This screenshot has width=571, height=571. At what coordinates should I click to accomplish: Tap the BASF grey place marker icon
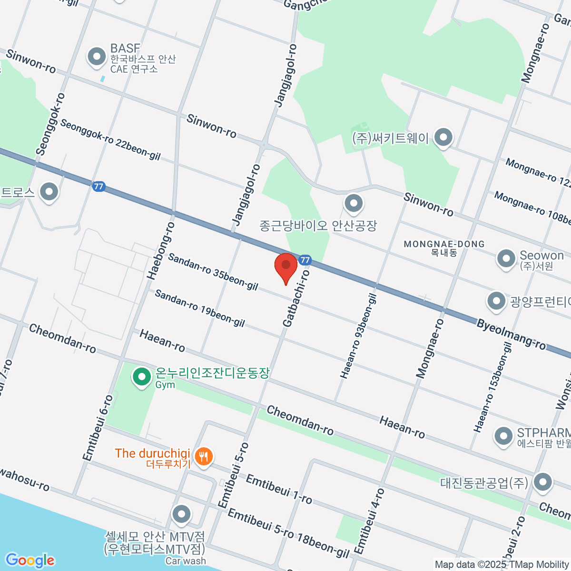(97, 57)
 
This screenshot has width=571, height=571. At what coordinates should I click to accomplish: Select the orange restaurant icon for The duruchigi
(204, 457)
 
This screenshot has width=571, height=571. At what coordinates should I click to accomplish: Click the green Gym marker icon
(141, 377)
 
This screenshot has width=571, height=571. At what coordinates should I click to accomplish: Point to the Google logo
(30, 561)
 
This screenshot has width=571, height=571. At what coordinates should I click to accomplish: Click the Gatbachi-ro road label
(296, 298)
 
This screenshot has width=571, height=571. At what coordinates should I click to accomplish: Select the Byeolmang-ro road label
(511, 335)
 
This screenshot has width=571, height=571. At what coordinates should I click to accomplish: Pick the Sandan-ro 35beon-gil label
(213, 272)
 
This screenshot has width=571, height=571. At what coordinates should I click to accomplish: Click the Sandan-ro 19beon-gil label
(200, 308)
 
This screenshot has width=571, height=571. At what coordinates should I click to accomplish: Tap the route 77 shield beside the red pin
(305, 260)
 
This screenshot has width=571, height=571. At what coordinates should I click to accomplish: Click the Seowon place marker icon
(506, 259)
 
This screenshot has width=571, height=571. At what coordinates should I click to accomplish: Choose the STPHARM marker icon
(503, 436)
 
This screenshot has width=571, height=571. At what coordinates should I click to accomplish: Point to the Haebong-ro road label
(160, 250)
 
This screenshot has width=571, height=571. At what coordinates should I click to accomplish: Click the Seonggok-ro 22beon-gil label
(110, 139)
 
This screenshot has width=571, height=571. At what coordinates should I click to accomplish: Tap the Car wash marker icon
(181, 514)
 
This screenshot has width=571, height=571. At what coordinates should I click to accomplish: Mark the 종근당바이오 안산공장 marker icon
(353, 204)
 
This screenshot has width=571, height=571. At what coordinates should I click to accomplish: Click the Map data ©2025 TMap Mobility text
(502, 564)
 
